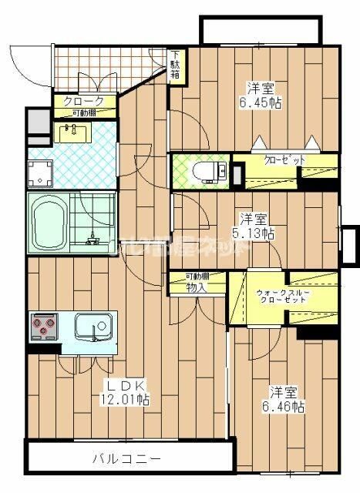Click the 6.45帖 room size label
[x=263, y=96]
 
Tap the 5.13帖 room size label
[x=254, y=226]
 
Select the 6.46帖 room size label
[x=286, y=397]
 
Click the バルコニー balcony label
[x=127, y=459]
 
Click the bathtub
[x=50, y=222]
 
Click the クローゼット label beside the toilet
[x=284, y=160]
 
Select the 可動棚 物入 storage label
[x=197, y=283]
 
